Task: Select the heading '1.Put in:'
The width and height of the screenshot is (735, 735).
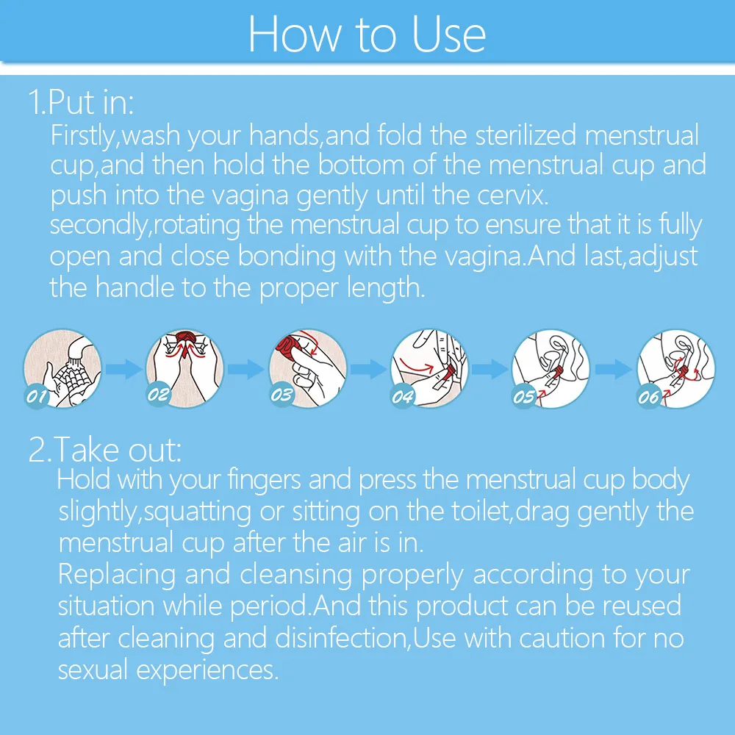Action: point(81,102)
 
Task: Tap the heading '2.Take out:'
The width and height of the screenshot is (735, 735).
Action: point(104,449)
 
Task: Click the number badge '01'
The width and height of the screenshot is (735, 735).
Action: point(37,398)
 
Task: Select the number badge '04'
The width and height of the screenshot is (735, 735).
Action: point(403,398)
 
